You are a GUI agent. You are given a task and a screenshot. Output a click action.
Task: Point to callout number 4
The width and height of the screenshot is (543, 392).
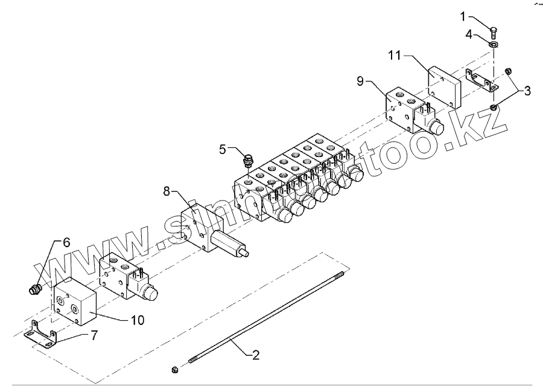(468, 35)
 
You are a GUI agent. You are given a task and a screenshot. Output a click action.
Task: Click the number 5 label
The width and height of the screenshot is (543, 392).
(223, 149)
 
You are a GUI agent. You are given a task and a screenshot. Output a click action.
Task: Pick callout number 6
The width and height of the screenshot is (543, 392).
(66, 242)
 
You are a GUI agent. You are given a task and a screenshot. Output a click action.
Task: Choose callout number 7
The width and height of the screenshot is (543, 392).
(94, 335)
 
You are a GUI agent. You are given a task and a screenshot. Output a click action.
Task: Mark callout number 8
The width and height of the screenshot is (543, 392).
(167, 191)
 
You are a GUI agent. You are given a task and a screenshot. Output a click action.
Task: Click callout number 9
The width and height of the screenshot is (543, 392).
(360, 80)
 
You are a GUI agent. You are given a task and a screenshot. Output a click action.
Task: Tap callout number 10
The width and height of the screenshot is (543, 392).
(138, 320)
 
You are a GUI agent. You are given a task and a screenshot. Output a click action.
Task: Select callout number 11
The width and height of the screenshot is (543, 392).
(394, 56)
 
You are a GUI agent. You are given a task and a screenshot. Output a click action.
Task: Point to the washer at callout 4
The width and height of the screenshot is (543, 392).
(494, 45)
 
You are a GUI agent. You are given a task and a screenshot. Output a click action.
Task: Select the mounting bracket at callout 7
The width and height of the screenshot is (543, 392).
(40, 335)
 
